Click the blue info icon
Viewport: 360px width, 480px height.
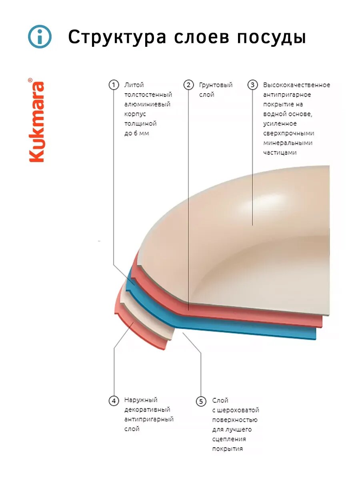(x=40, y=37)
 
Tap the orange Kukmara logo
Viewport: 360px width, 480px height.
(x=37, y=120)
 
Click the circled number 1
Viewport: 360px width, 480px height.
(x=114, y=85)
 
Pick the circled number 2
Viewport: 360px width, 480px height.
(x=188, y=85)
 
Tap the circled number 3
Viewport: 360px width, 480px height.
(x=252, y=85)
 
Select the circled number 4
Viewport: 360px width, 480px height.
(x=114, y=400)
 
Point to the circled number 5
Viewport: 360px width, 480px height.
(x=201, y=401)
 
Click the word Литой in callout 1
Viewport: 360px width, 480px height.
(x=134, y=85)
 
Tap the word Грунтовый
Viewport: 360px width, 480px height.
(x=216, y=85)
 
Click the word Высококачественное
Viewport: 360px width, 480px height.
(x=296, y=85)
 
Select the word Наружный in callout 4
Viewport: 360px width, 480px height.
(x=141, y=400)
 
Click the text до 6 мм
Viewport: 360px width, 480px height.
(x=136, y=133)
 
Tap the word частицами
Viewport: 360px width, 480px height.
(x=280, y=152)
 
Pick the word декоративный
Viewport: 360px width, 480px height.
(x=147, y=410)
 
